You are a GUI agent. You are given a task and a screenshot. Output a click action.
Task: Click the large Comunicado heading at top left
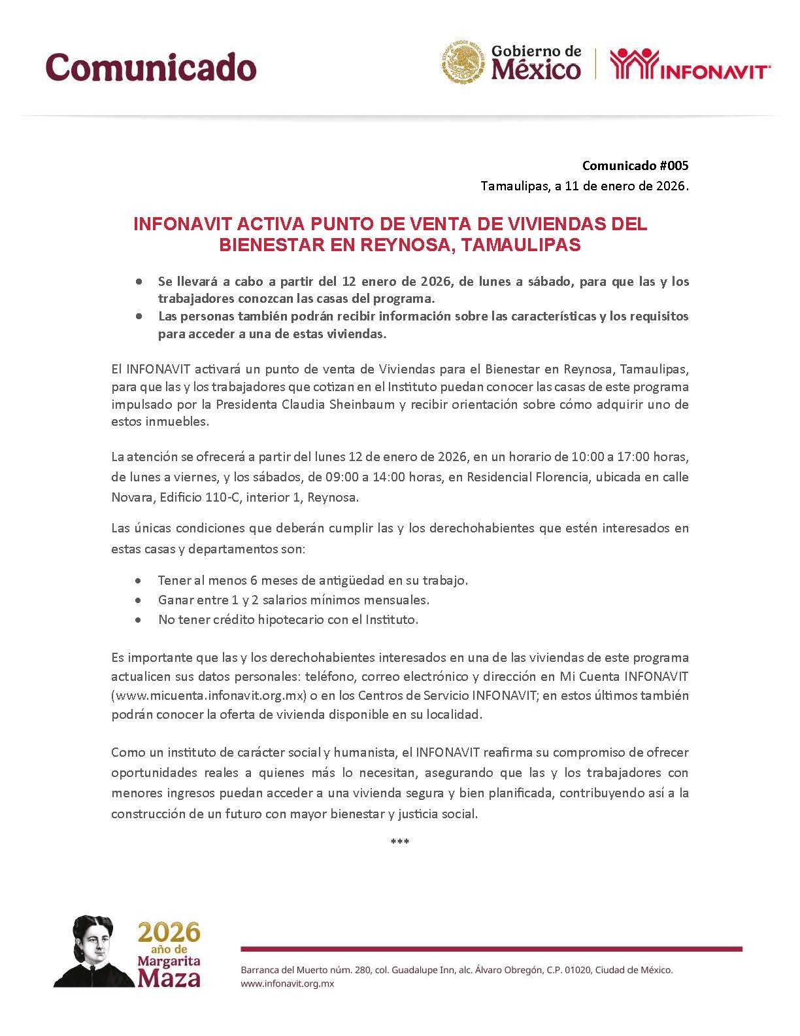click(x=151, y=67)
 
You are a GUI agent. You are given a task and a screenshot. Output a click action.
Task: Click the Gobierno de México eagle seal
click(x=463, y=63)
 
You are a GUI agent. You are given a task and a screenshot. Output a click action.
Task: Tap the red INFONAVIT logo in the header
click(x=690, y=65)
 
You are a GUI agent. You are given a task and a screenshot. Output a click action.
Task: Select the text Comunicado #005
click(x=635, y=165)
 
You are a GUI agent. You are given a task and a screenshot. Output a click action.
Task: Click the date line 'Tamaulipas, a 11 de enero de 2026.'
click(x=584, y=186)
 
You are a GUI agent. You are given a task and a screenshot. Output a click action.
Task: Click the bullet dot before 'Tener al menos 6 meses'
click(x=138, y=581)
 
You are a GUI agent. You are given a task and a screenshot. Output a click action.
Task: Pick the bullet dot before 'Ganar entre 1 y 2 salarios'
click(x=138, y=600)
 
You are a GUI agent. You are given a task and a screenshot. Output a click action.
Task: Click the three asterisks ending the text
click(x=399, y=842)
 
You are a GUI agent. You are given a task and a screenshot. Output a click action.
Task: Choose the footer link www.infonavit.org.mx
click(x=288, y=984)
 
